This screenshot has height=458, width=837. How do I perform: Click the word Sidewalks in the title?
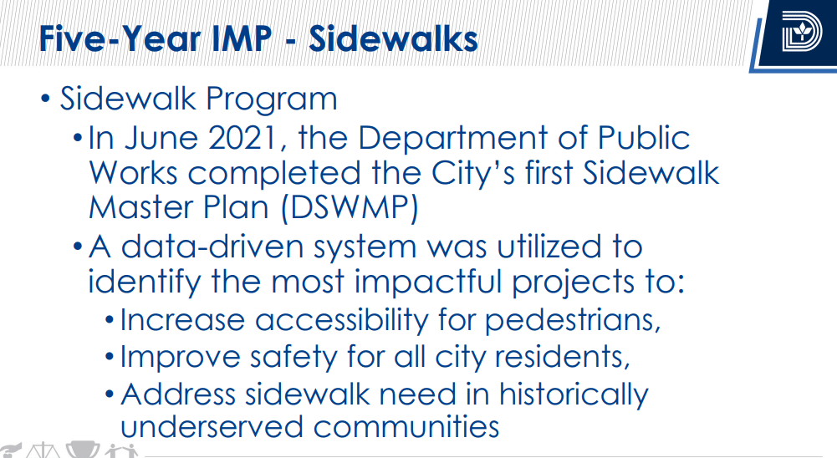point(393,39)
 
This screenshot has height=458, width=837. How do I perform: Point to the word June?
point(161,138)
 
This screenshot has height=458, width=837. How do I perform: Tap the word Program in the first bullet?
point(271,99)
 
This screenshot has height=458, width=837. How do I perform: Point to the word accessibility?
point(342,320)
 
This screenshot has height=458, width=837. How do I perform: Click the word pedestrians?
point(573,321)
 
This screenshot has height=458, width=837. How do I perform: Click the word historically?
point(574,394)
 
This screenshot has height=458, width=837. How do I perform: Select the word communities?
point(406,427)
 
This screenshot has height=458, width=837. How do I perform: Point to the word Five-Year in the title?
point(120,39)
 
